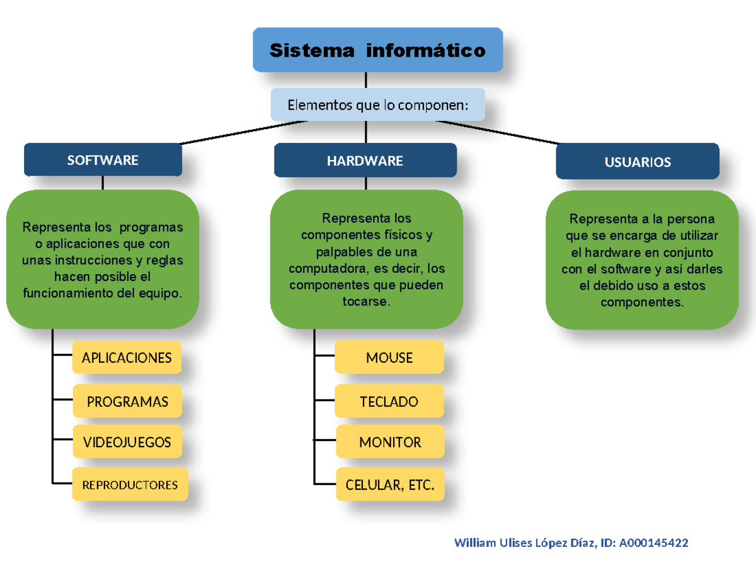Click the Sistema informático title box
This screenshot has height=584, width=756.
click(x=377, y=50)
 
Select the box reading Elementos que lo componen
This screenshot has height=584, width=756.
click(x=377, y=105)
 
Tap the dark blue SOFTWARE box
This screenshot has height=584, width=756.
click(x=103, y=160)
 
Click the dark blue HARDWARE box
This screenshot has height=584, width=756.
click(x=365, y=161)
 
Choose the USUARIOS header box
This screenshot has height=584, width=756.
click(x=637, y=162)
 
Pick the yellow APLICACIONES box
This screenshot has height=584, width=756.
click(x=127, y=358)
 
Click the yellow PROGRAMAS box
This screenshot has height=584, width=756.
click(x=127, y=401)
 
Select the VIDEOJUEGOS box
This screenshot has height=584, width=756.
click(x=127, y=442)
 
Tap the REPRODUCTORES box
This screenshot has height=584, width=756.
click(x=130, y=485)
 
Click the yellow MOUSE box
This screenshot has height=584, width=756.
click(x=389, y=358)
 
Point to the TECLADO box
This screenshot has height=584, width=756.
click(x=389, y=401)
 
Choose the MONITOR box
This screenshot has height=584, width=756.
click(x=389, y=442)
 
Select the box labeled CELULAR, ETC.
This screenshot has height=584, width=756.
click(x=390, y=485)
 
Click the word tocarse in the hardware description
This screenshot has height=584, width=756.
click(x=365, y=302)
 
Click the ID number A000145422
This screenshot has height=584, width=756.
click(x=653, y=543)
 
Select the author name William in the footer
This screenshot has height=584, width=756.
click(x=474, y=543)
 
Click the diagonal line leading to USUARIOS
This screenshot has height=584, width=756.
click(x=498, y=132)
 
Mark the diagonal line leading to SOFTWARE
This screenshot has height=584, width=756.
click(x=239, y=132)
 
